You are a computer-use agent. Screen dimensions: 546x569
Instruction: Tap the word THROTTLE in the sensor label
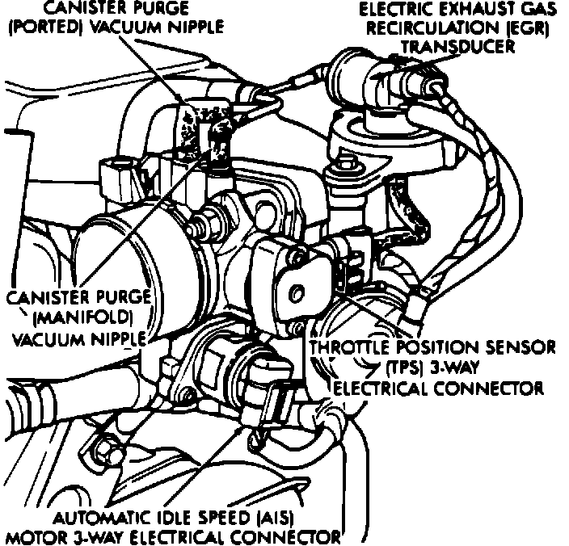pos(352,348)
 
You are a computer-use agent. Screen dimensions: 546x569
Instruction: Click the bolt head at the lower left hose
pos(102,443)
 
